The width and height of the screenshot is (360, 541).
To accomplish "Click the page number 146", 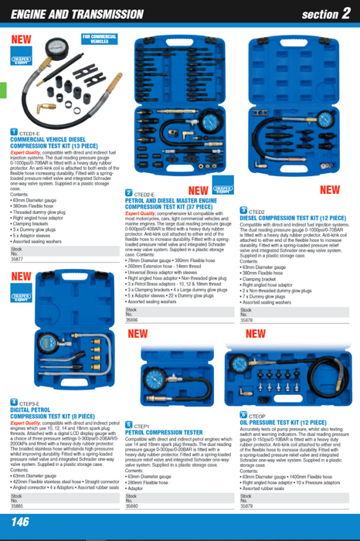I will [21, 523].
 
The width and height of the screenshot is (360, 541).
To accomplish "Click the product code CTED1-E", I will [30, 133].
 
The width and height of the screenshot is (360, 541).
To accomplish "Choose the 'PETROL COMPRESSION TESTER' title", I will [164, 432].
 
